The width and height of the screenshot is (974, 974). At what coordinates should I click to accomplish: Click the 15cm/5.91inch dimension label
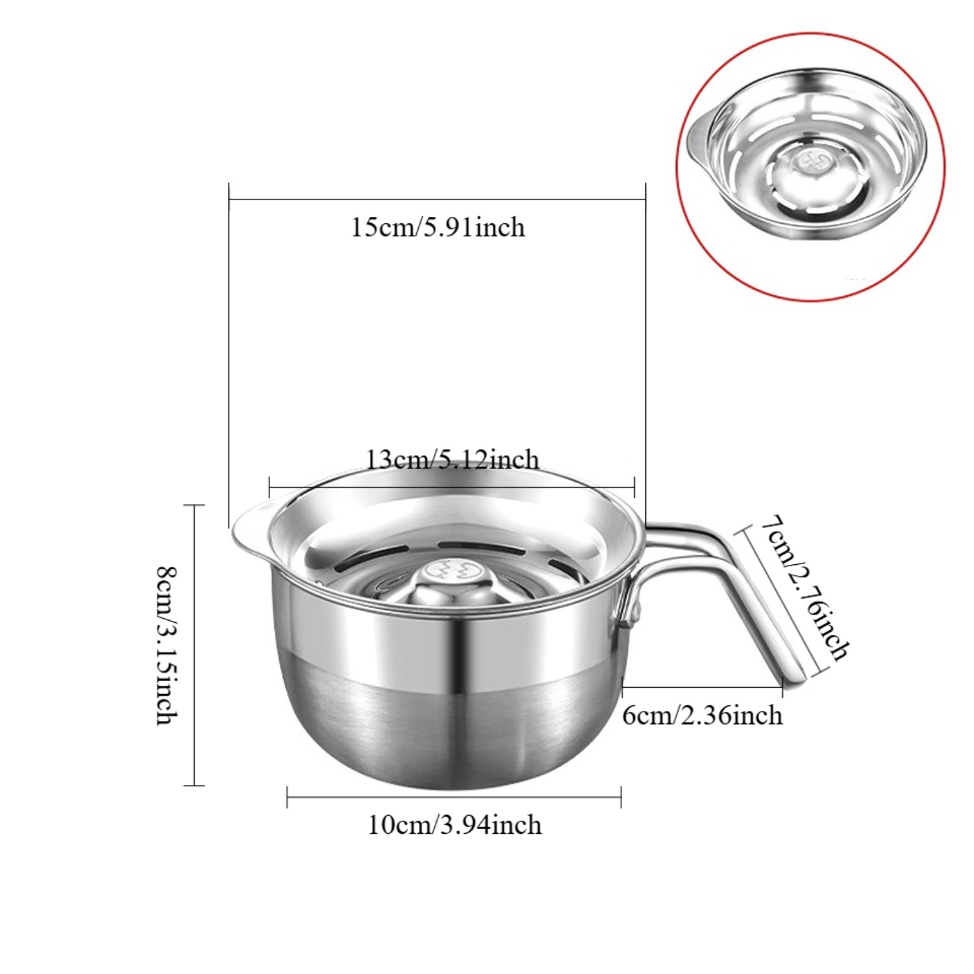438,228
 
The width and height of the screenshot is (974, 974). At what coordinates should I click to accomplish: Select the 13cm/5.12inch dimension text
453,460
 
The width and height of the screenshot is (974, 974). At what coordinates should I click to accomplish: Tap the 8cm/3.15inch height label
168,645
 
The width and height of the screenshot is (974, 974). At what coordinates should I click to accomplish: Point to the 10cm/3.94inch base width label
455,825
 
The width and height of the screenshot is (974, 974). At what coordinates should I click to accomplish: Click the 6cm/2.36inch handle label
702,716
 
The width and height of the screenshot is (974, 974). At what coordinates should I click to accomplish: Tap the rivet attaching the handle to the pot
634,610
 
